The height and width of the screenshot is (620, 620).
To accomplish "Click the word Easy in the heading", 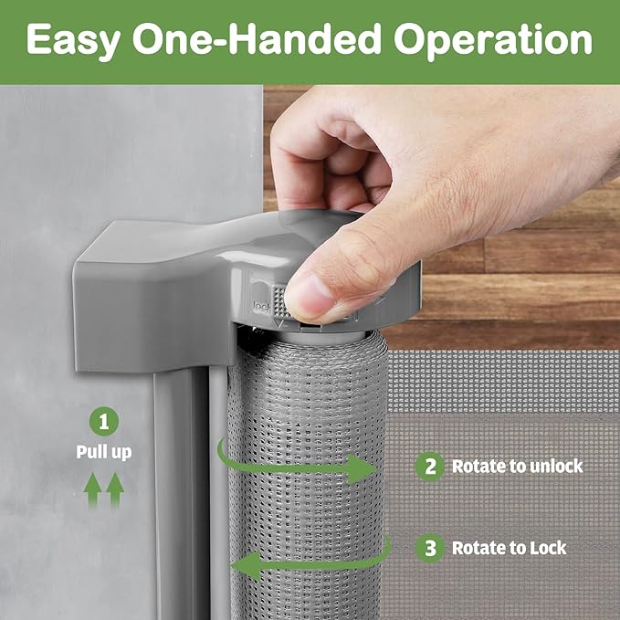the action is click(74, 40).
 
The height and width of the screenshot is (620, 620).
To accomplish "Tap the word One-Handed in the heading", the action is click(257, 38).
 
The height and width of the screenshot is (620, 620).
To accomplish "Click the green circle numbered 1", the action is click(103, 422).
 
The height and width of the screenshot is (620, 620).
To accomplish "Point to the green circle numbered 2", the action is click(430, 467).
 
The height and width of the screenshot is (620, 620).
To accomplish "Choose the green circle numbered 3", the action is click(430, 548).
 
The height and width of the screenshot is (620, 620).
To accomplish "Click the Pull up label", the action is click(103, 452).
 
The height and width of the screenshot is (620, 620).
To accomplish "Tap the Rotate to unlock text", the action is click(517, 467).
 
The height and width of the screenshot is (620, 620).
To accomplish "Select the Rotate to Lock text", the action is click(510, 548).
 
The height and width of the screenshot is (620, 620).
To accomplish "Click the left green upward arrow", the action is click(92, 489).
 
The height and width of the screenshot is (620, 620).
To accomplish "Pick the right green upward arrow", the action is click(115, 489).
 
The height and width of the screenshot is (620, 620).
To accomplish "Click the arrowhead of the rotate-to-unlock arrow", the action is click(361, 469).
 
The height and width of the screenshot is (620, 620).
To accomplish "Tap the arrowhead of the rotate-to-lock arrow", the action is click(246, 566).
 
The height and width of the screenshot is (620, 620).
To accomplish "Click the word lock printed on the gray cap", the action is click(262, 307).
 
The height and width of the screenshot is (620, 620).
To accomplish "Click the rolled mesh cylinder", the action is click(307, 475).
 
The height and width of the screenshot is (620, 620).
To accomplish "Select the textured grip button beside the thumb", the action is click(279, 301).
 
